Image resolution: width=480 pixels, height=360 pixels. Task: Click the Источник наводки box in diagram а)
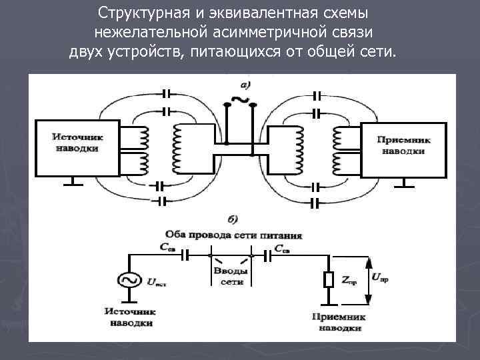click(x=77, y=148)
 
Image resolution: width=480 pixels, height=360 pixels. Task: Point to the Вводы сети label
click(x=231, y=275)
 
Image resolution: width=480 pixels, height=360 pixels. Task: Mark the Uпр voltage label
click(x=380, y=277)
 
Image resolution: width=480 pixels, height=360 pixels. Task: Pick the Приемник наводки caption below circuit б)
click(x=340, y=322)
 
